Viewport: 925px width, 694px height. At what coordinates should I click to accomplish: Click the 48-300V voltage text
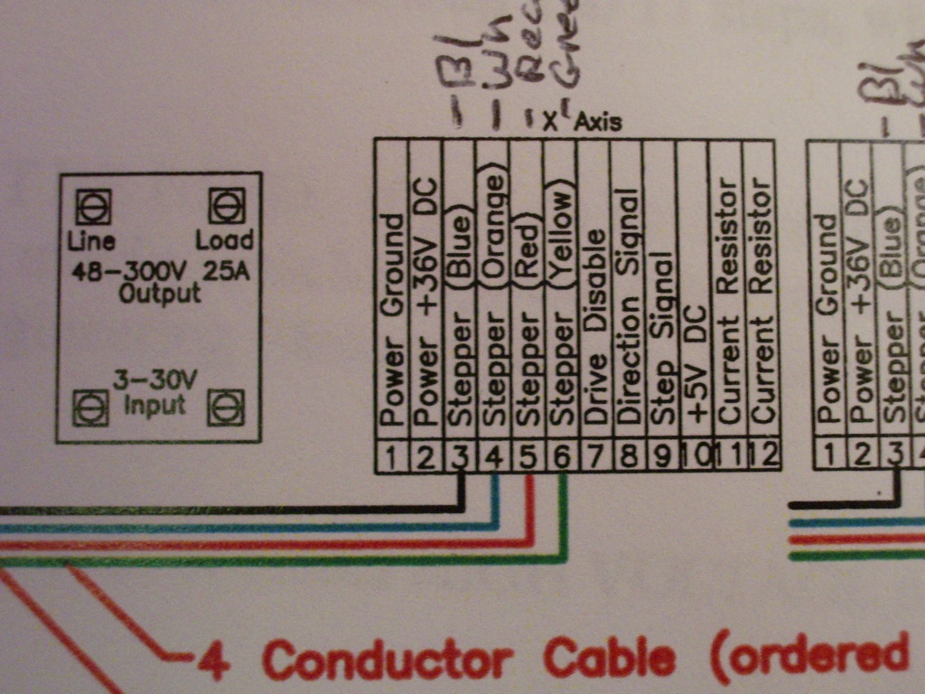[135, 269]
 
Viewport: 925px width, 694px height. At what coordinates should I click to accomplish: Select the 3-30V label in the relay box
[154, 381]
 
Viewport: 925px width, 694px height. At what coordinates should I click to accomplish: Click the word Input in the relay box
[154, 405]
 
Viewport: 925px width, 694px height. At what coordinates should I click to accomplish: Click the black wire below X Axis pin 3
[461, 492]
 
